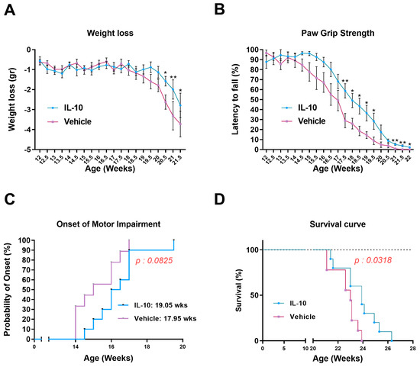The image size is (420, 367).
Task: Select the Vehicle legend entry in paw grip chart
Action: point(305,121)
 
